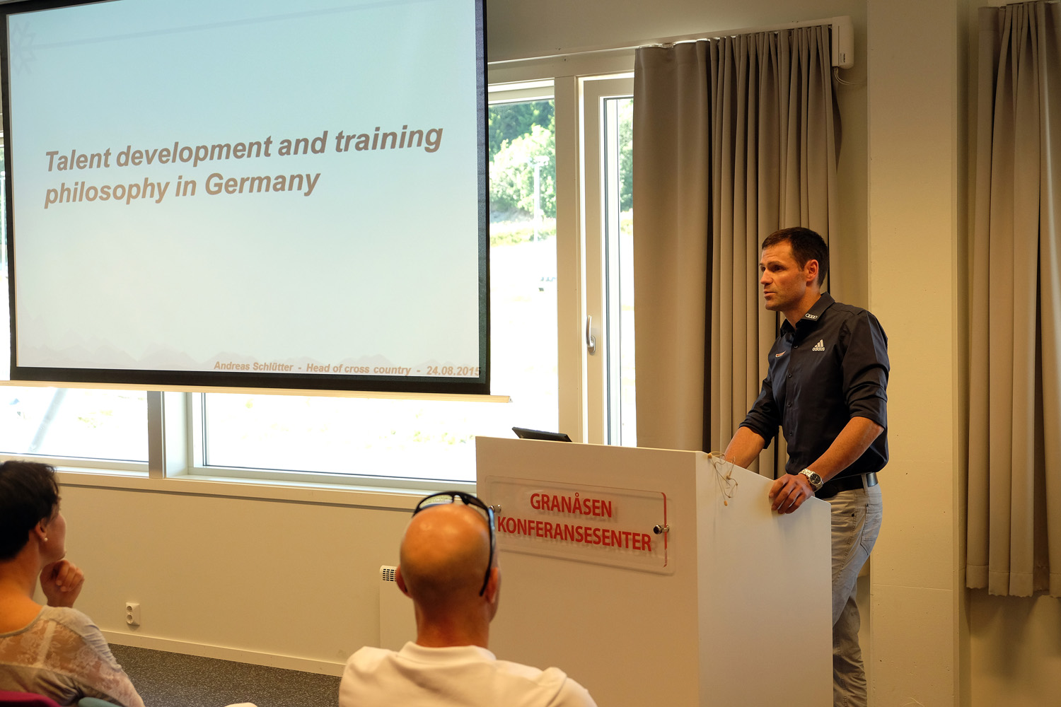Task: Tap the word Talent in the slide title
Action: (78, 160)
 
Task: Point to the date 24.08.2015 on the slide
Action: (453, 370)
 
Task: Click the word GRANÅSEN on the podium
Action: (571, 506)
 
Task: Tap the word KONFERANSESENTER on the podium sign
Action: (574, 534)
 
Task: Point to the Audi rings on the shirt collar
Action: (811, 316)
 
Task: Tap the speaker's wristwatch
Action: (813, 479)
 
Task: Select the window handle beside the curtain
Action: (590, 334)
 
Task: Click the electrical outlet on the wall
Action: (133, 614)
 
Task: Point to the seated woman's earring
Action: (45, 539)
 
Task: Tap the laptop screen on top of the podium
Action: (541, 434)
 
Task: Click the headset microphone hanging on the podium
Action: (724, 477)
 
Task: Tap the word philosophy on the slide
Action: (107, 192)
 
